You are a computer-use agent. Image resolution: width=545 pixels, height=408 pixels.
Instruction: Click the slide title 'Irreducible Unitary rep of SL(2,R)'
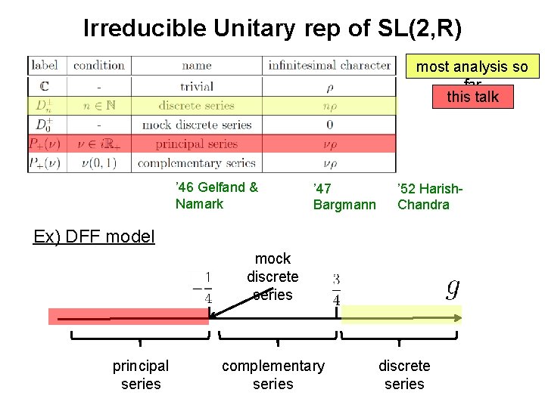pyautogui.click(x=272, y=29)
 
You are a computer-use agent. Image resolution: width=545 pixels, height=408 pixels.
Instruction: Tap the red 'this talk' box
pyautogui.click(x=473, y=96)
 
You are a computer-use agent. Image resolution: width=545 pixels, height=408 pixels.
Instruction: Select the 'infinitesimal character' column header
pyautogui.click(x=329, y=66)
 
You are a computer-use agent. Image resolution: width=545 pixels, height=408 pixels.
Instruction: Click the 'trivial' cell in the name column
pyautogui.click(x=197, y=86)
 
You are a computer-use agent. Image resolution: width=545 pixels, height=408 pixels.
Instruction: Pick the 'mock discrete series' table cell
pyautogui.click(x=197, y=125)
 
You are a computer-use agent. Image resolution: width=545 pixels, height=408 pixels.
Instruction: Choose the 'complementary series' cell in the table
pyautogui.click(x=197, y=163)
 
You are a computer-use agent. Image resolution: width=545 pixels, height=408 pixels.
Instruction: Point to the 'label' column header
pyautogui.click(x=45, y=66)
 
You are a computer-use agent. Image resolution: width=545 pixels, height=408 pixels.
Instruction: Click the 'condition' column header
pyautogui.click(x=99, y=66)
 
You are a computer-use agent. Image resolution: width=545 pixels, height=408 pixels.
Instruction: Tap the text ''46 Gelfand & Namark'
pyautogui.click(x=216, y=196)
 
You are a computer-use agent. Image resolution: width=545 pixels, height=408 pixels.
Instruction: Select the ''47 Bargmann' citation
pyautogui.click(x=344, y=196)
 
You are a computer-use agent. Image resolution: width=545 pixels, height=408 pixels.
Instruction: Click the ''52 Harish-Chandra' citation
pyautogui.click(x=430, y=196)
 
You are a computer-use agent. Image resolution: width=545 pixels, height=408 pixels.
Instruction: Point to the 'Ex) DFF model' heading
pyautogui.click(x=94, y=236)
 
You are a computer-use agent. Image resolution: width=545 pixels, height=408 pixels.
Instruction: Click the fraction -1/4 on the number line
pyautogui.click(x=203, y=287)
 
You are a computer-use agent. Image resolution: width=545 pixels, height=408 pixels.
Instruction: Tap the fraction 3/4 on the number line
pyautogui.click(x=336, y=289)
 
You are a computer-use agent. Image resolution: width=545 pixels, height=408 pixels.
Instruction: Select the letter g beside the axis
pyautogui.click(x=453, y=287)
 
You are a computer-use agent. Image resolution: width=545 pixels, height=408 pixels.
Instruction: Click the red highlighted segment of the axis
pyautogui.click(x=128, y=317)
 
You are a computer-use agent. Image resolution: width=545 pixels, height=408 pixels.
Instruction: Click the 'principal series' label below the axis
pyautogui.click(x=141, y=375)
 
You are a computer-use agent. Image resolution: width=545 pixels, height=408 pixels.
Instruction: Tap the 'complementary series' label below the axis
pyautogui.click(x=272, y=375)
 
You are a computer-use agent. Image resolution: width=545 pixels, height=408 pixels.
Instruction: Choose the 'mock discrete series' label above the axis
pyautogui.click(x=272, y=277)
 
